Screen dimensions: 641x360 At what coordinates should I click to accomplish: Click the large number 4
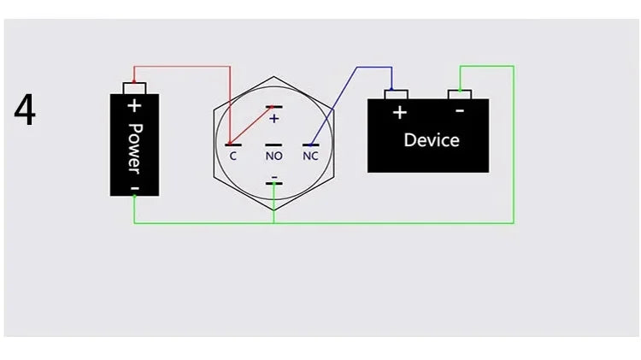tap(25, 109)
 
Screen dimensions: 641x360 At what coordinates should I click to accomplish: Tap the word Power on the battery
tap(135, 149)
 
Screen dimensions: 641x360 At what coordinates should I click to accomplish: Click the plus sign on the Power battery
tap(134, 106)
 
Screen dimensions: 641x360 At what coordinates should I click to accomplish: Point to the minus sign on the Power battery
tap(135, 189)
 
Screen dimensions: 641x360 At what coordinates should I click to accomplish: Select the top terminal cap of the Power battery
tap(134, 88)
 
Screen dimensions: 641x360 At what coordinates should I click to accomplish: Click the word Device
tap(432, 140)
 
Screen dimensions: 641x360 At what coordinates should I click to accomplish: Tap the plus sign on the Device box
tap(400, 113)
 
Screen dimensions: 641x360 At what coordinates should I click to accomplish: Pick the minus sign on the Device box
tap(460, 110)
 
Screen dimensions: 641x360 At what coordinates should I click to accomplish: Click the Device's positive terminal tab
tap(396, 95)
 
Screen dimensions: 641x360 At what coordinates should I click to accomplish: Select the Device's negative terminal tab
tap(460, 95)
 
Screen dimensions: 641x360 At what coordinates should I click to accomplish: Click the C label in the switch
tap(233, 156)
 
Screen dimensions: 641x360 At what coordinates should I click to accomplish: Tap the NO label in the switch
tap(273, 156)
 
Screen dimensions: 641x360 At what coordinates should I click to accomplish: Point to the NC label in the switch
tap(311, 156)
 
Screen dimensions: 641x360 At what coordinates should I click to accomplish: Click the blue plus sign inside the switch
tap(273, 119)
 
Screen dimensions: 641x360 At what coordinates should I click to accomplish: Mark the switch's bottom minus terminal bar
tap(273, 183)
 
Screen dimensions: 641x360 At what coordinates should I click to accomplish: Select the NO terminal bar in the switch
tap(273, 145)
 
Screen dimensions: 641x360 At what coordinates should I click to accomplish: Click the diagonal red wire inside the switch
tap(250, 126)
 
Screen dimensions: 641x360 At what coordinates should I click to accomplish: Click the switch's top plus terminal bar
tap(273, 107)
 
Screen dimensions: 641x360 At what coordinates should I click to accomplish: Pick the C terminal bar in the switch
tap(233, 145)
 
